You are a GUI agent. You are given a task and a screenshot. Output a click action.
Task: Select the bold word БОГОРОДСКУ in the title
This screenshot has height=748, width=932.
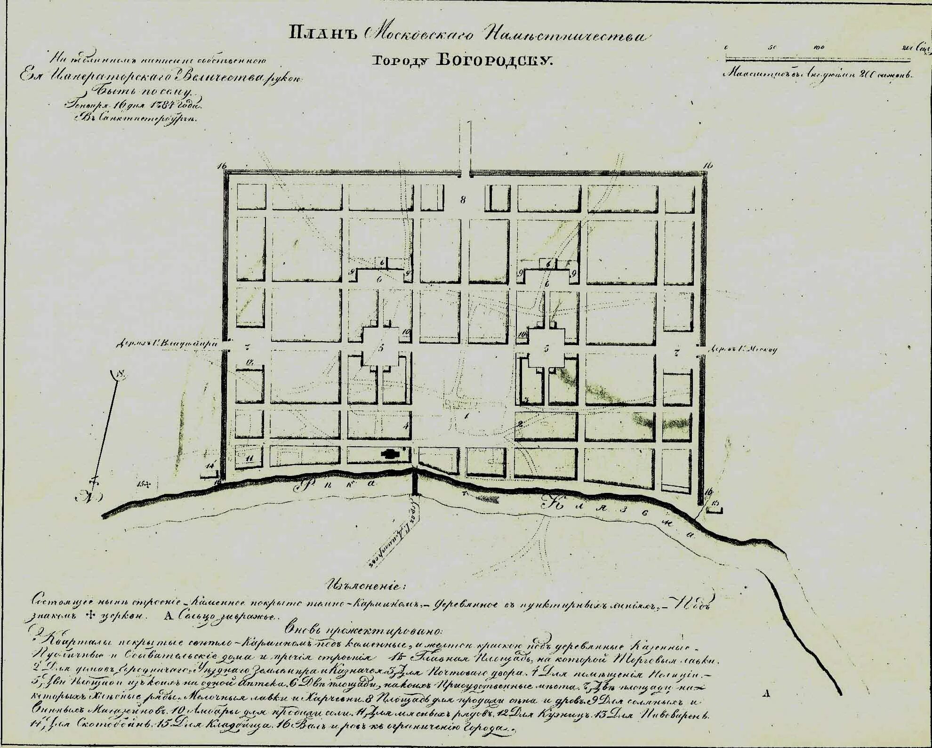[494, 60]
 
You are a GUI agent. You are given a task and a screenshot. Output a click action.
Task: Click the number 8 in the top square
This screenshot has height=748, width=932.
[463, 200]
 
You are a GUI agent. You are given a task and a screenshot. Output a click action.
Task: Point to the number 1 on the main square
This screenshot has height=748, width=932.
[467, 416]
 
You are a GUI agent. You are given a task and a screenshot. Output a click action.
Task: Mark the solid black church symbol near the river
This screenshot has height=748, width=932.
[389, 453]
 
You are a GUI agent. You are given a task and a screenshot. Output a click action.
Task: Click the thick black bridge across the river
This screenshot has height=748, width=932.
[415, 481]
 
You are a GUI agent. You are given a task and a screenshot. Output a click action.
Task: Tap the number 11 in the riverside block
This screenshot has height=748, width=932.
[250, 457]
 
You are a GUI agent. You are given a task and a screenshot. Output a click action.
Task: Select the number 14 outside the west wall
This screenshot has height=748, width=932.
[210, 466]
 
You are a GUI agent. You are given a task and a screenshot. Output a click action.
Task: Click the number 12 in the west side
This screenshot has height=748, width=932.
[250, 362]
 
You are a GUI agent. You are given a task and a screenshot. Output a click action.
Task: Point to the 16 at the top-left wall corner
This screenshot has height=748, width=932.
[222, 166]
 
